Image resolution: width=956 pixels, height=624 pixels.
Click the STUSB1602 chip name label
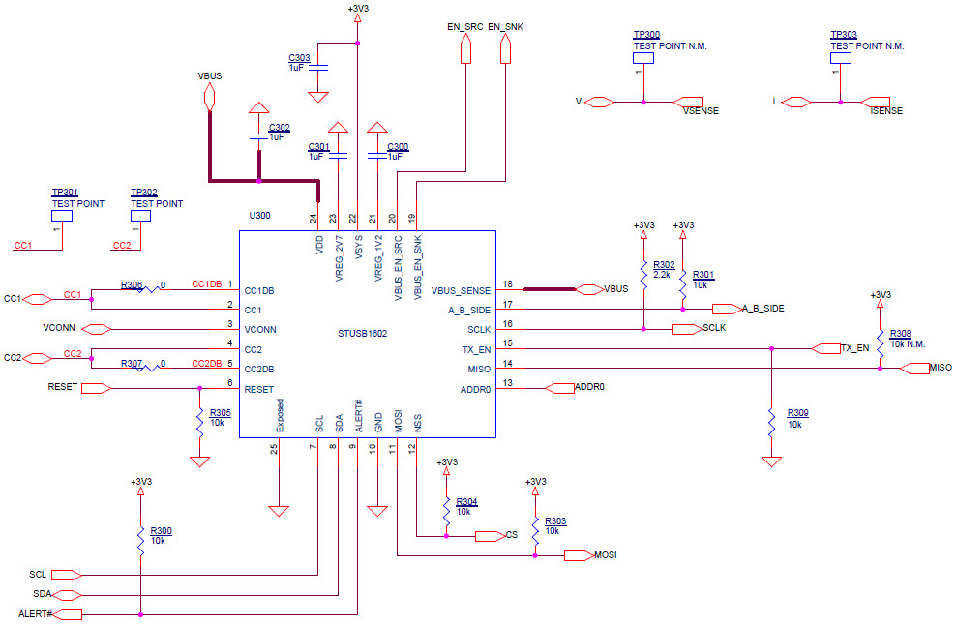[x=363, y=333]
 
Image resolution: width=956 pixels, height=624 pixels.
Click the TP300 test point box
[x=643, y=58]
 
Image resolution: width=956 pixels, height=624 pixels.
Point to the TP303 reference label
[x=843, y=35]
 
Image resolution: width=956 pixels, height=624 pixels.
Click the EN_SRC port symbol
[x=465, y=50]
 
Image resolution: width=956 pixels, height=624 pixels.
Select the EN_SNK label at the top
[x=507, y=27]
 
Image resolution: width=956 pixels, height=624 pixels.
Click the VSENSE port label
[x=699, y=111]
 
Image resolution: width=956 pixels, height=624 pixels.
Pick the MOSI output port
[x=578, y=555]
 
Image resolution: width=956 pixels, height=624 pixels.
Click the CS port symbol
[x=489, y=535]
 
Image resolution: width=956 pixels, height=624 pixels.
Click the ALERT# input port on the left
[x=69, y=614]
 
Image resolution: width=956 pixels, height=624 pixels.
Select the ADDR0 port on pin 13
[x=560, y=388]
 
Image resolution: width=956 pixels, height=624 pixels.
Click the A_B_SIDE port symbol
[x=726, y=309]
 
